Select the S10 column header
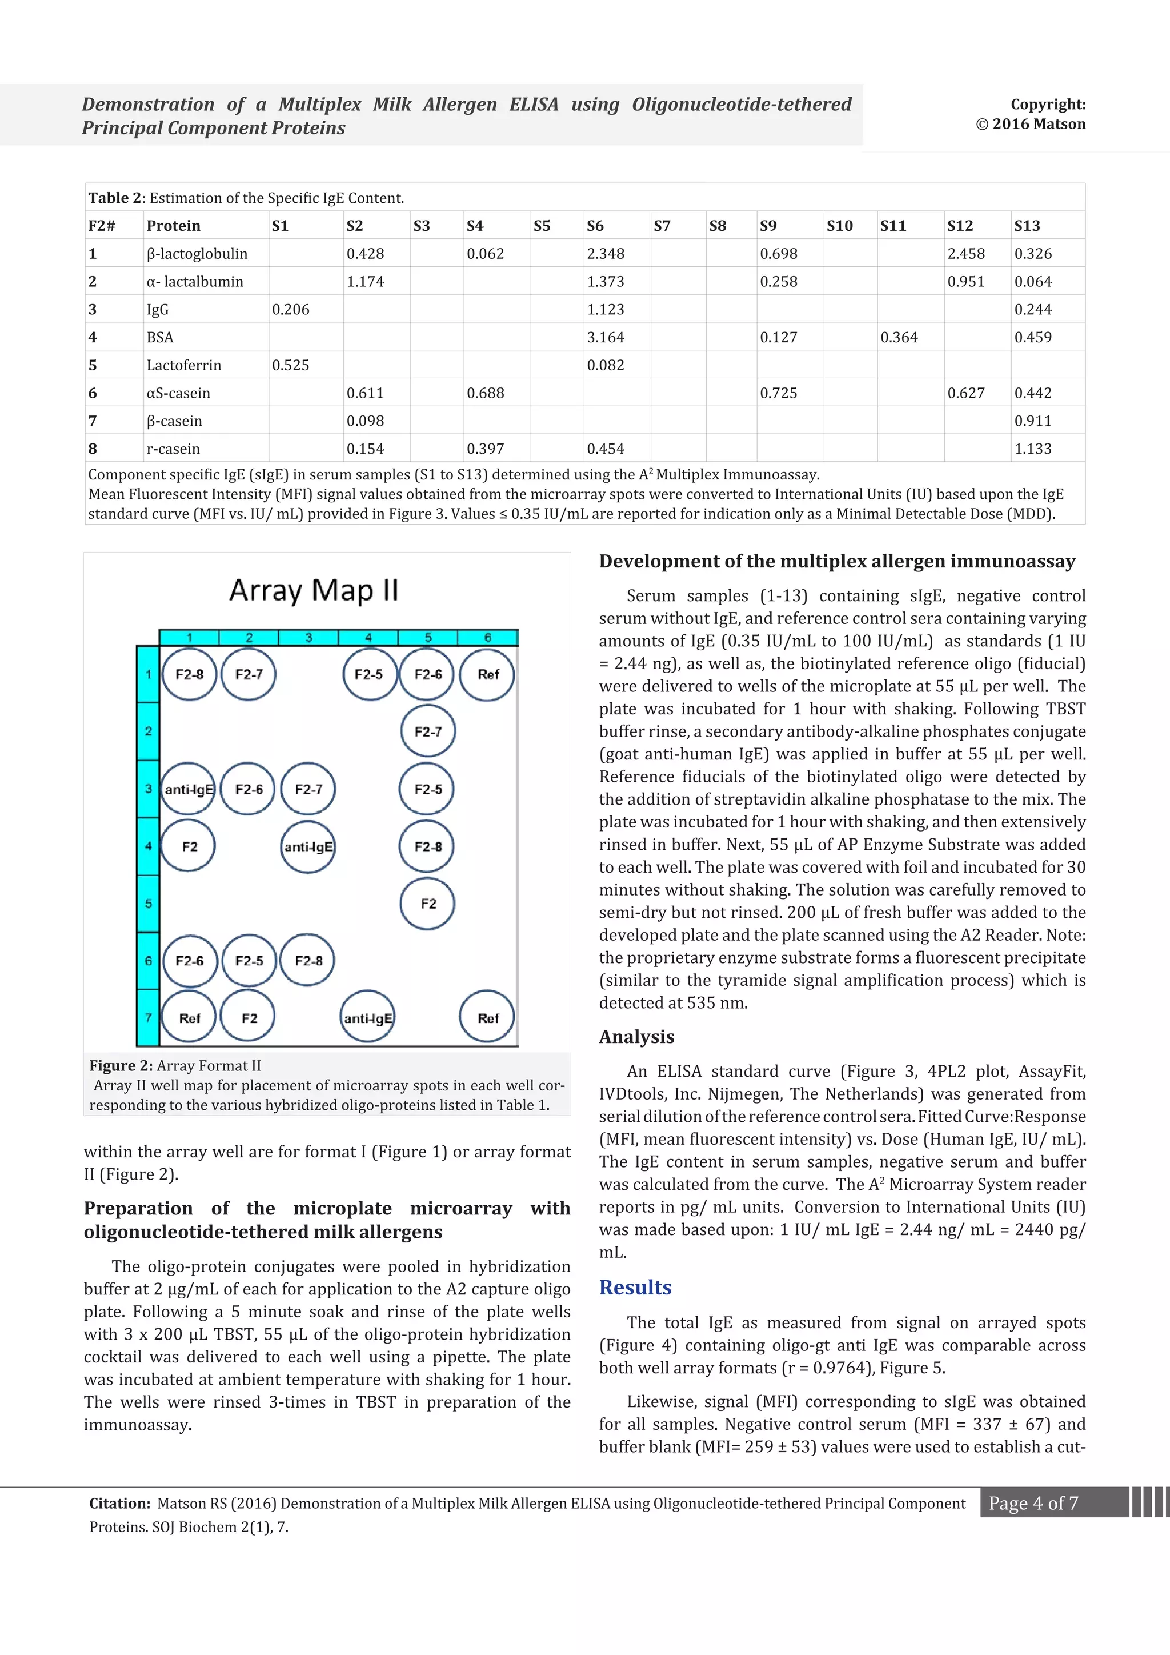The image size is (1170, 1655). [x=839, y=226]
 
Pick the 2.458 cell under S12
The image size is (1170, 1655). [x=965, y=254]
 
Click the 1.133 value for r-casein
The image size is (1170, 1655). [x=1032, y=449]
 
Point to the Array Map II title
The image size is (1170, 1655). [x=314, y=591]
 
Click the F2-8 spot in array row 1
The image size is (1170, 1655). [x=190, y=675]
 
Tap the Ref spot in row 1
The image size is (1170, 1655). [x=488, y=675]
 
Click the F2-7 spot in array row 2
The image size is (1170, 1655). [x=428, y=731]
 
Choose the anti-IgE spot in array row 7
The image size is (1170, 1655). [x=367, y=1018]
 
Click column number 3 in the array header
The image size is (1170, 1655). [x=308, y=638]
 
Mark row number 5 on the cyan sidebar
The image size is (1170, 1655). [x=149, y=904]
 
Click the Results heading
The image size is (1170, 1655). [x=635, y=1288]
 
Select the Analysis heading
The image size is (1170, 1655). [x=636, y=1037]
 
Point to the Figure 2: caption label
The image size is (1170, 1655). [x=121, y=1066]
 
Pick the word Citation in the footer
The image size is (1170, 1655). [x=119, y=1504]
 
